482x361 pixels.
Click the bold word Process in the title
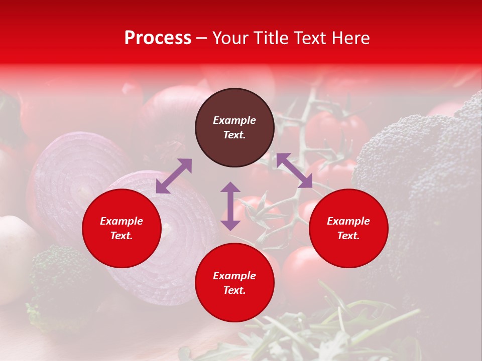click(x=158, y=38)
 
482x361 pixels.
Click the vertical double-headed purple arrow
click(x=230, y=206)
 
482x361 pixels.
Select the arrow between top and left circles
click(x=174, y=176)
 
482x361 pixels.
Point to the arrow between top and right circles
click(x=294, y=170)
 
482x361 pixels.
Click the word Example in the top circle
click(x=234, y=120)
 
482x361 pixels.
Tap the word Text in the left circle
click(x=122, y=236)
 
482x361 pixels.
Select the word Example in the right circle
click(x=348, y=221)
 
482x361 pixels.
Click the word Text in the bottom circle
click(x=234, y=290)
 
